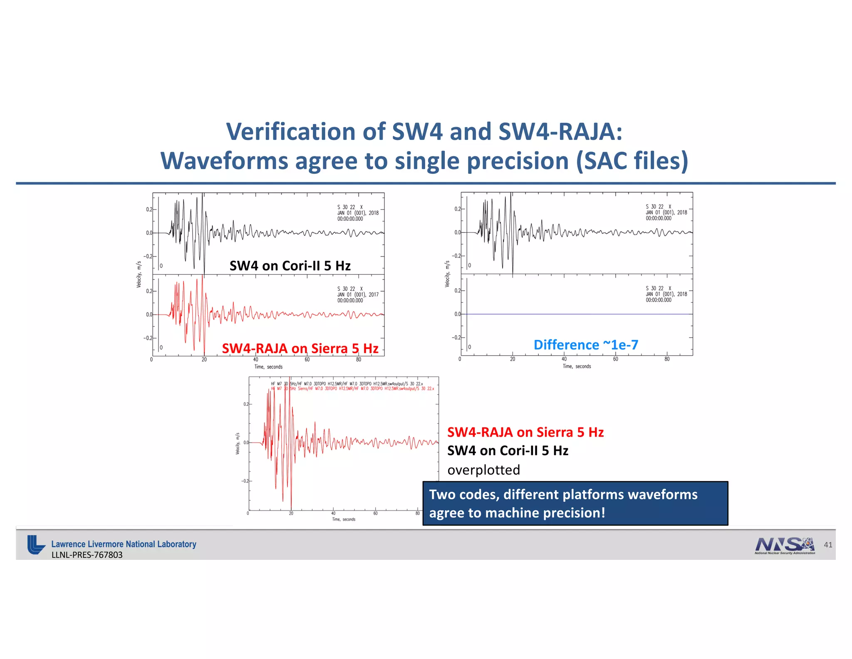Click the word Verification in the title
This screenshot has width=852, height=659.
(290, 132)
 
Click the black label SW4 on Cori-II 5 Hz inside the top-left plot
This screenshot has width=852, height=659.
(290, 266)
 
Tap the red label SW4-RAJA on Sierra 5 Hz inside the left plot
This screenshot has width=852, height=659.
(300, 348)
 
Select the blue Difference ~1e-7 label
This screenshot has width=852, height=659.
(586, 345)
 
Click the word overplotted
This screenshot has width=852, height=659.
(483, 470)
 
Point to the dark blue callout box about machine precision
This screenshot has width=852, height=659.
(575, 503)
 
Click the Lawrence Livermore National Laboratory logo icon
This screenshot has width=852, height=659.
(36, 545)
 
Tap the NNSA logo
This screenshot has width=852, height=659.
(785, 545)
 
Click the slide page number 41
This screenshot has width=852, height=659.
(828, 545)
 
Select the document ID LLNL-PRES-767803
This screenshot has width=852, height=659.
(87, 555)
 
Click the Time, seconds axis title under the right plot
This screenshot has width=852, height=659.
(577, 367)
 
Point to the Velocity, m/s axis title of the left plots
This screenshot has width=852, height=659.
(139, 275)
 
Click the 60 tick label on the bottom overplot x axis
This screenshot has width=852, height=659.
(375, 514)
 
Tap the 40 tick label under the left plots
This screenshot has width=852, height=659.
(255, 359)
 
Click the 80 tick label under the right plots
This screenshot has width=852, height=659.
(667, 359)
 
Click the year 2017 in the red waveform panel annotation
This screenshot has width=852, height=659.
(374, 295)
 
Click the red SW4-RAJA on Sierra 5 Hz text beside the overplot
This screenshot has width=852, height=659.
(525, 432)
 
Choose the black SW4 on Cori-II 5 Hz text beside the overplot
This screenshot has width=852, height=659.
(508, 451)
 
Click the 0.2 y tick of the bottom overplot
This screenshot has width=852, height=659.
(246, 404)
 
